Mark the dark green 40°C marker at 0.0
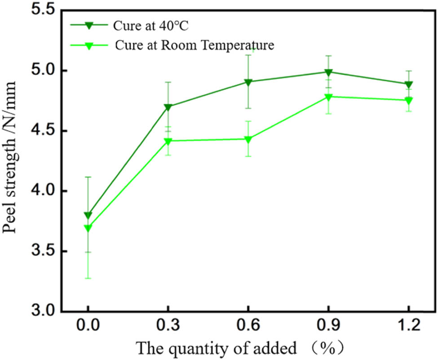88,215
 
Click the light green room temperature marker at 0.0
88,228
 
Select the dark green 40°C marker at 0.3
168,107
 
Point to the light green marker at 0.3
168,142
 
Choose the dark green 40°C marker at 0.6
248,82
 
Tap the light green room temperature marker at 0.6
248,139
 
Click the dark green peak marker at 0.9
328,72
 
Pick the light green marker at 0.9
328,97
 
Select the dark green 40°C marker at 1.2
408,84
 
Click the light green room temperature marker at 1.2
408,100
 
